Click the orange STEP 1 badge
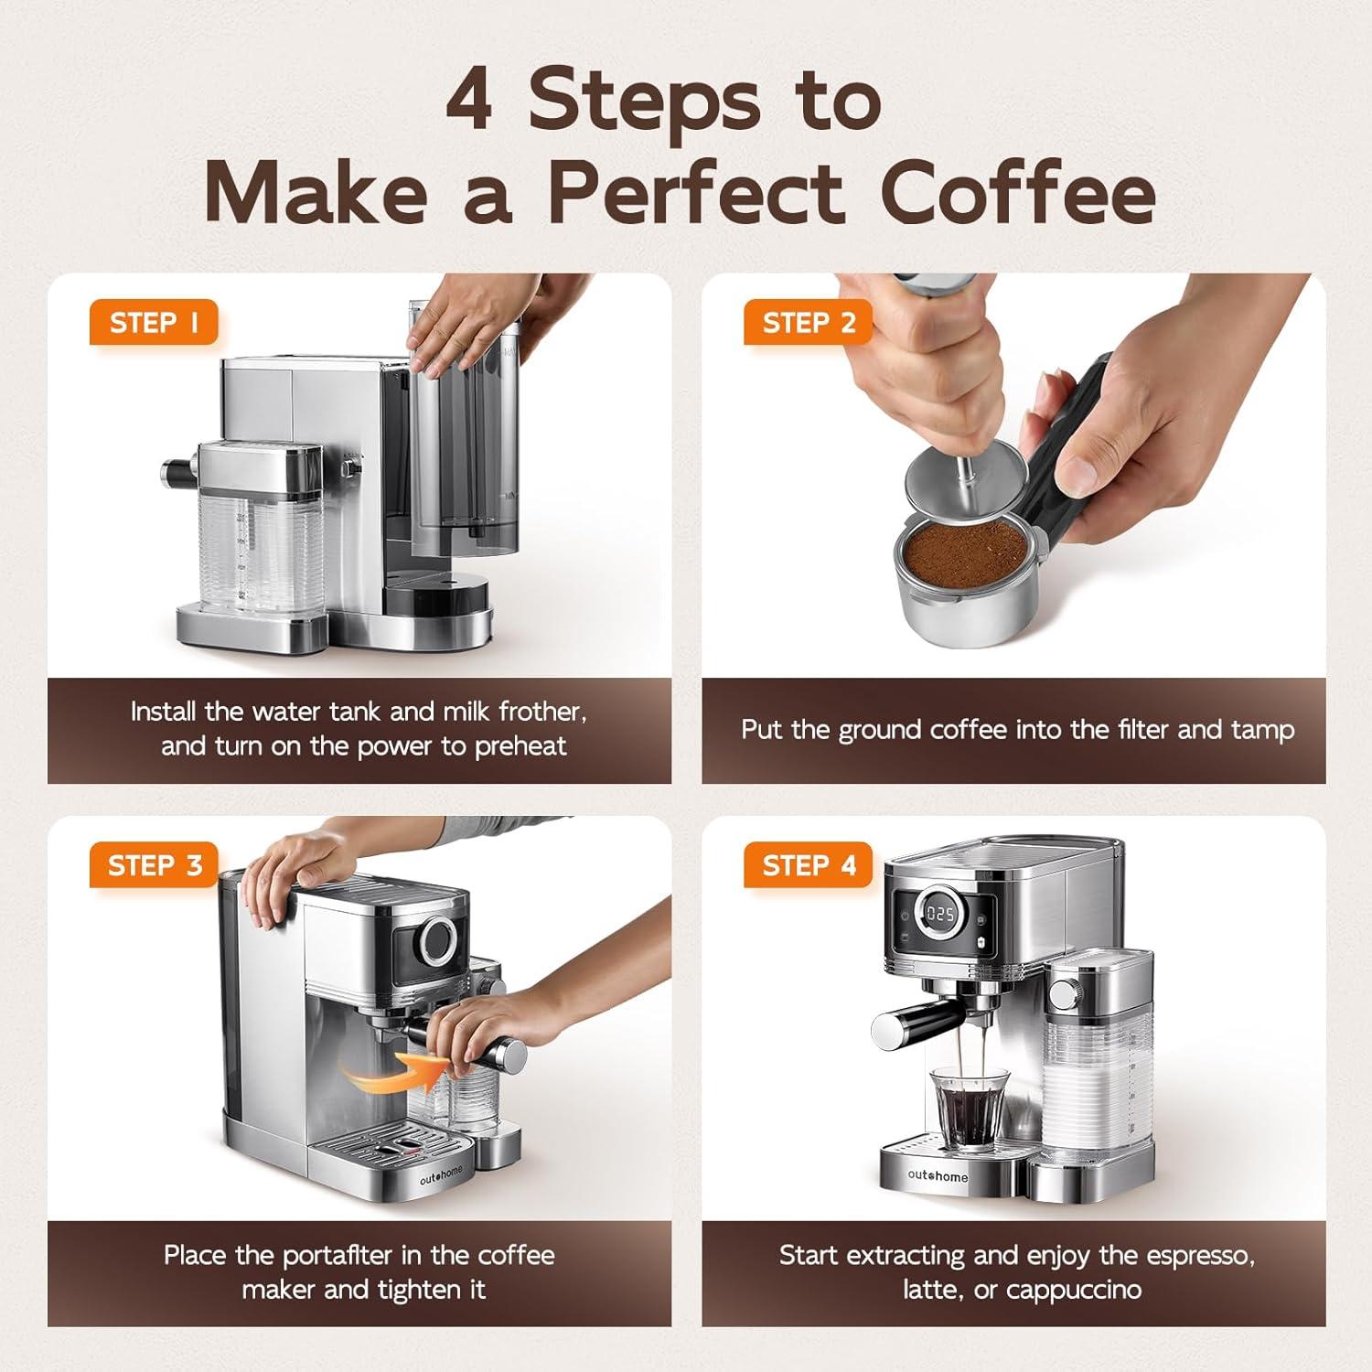[154, 323]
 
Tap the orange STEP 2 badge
[809, 323]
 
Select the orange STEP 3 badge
[154, 865]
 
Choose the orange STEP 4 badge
[809, 865]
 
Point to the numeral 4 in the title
[470, 101]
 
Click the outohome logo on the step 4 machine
[938, 1176]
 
